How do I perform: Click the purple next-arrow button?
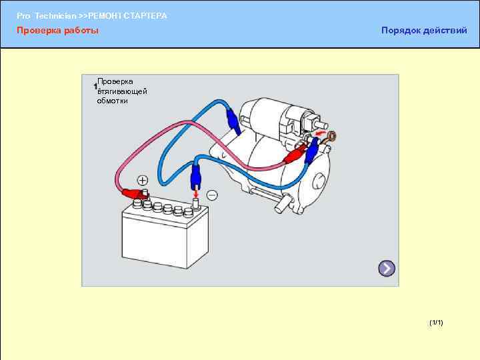tap(387, 269)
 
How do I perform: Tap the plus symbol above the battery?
tap(143, 180)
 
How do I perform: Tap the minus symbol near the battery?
tap(212, 194)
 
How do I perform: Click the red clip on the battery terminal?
tap(135, 195)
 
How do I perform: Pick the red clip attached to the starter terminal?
tap(295, 155)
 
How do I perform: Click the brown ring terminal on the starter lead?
tap(331, 137)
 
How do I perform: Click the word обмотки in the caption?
tap(112, 101)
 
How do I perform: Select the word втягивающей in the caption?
tap(122, 91)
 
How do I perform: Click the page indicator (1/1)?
tap(437, 323)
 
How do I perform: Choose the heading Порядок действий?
tap(424, 31)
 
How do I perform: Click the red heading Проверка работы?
tap(57, 31)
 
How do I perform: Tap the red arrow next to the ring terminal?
tap(321, 134)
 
